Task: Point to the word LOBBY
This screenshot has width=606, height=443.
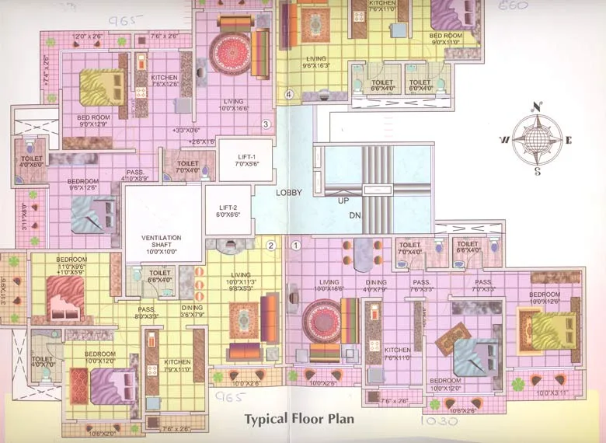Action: [x=288, y=191]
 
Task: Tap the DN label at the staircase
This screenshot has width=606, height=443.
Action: [x=355, y=215]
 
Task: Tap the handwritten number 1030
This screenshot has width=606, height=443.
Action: [x=438, y=422]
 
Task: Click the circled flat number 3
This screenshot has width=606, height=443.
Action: [x=265, y=124]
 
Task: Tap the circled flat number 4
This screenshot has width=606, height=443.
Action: [x=289, y=95]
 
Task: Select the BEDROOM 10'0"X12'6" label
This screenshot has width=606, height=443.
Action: [x=545, y=298]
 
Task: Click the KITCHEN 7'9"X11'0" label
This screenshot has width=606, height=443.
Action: [x=177, y=365]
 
